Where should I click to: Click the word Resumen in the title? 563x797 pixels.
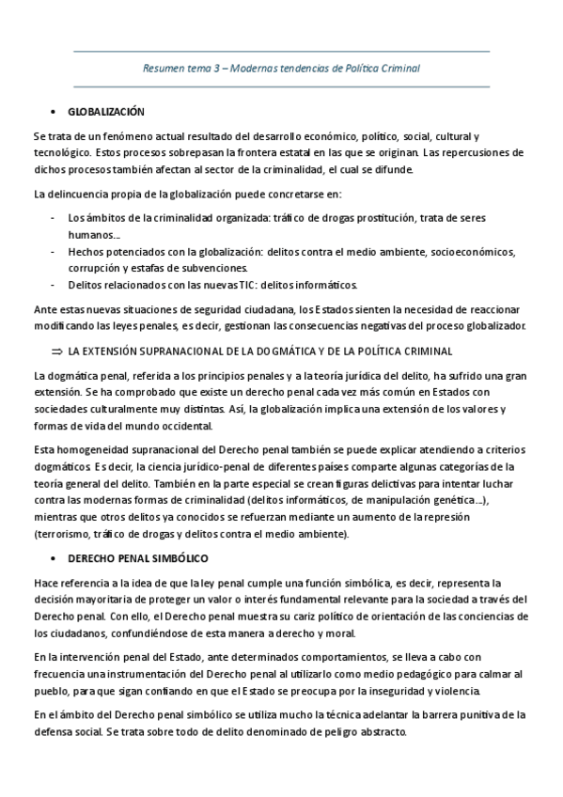161,69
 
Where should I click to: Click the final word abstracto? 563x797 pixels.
381,732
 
